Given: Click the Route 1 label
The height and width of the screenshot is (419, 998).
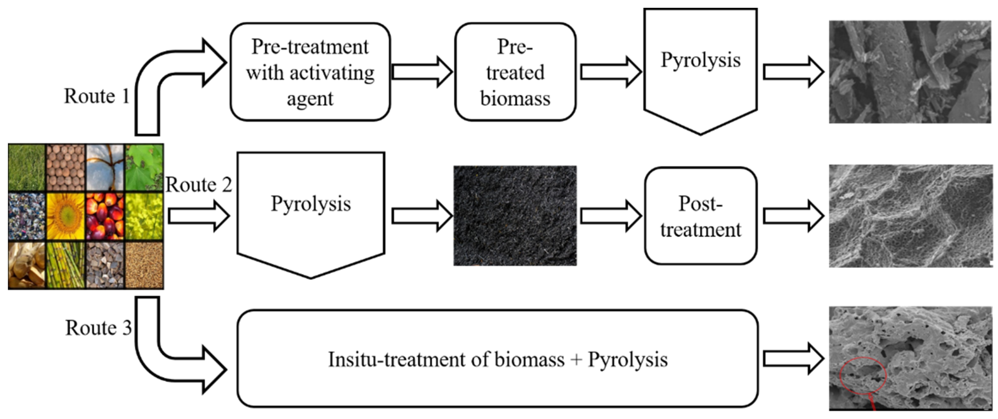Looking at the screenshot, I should coord(97,96).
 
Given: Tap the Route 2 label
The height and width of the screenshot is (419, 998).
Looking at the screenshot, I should coord(198,185).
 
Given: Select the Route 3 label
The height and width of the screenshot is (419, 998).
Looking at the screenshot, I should coord(98,328).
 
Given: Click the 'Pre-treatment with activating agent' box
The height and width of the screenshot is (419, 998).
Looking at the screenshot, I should coord(310,72).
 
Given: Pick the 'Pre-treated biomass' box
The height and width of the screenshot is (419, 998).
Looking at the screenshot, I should coord(515,72).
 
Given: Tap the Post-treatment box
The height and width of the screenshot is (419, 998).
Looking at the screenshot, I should coord(700,216).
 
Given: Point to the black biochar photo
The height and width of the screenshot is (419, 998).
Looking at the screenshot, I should coord(515,216).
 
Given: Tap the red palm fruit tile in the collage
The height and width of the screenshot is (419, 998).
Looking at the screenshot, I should coord(105,216).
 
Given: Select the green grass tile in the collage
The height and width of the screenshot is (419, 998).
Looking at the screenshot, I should coord(26,168).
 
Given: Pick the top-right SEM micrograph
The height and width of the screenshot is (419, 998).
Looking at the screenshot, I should coord(909,72).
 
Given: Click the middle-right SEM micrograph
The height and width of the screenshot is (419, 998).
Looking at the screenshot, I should coord(910,216).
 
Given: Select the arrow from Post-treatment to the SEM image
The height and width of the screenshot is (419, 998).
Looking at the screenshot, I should coord(793,216).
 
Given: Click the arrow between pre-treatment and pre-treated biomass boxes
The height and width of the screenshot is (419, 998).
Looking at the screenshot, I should coord(422,72).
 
